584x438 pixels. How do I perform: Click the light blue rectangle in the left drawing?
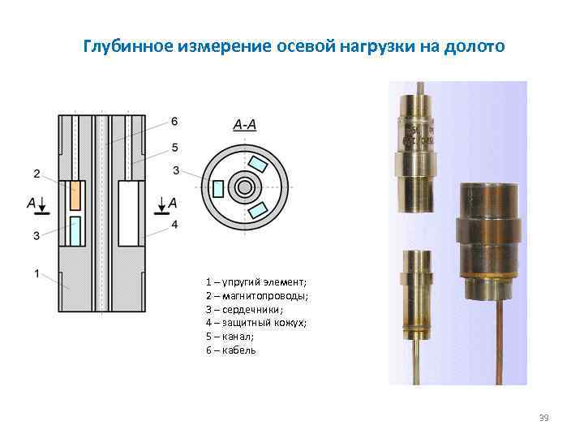(x=75, y=230)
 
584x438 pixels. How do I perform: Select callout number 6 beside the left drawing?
(x=174, y=122)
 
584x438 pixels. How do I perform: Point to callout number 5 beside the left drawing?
(x=174, y=147)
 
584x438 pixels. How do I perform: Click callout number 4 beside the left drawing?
(x=174, y=224)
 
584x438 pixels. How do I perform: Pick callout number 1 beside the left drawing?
(x=36, y=274)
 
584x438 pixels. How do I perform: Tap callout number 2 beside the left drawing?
(x=36, y=173)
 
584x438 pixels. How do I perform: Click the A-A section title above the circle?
(x=244, y=125)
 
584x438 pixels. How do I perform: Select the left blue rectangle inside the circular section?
(x=217, y=188)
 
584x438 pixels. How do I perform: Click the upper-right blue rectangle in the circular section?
(x=258, y=165)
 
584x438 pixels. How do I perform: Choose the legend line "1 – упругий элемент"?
(x=255, y=281)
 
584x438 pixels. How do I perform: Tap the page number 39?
(x=543, y=418)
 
